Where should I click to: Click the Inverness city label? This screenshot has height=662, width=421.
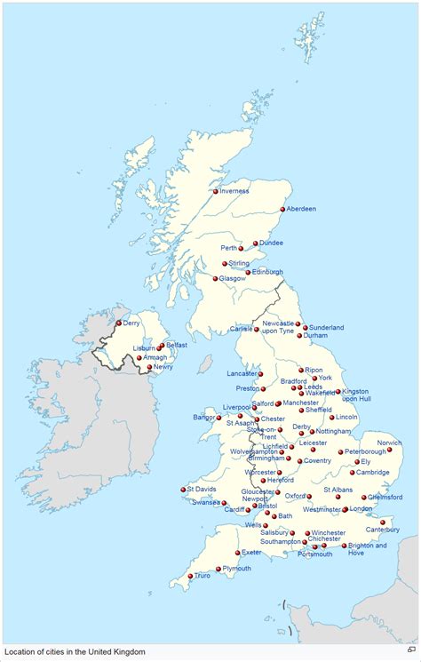(x=235, y=191)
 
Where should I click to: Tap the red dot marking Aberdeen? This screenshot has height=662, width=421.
(x=282, y=210)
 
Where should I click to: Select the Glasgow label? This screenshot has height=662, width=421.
(x=232, y=278)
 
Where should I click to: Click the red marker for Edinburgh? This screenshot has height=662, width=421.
(x=248, y=273)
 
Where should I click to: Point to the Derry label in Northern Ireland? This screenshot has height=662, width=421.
(x=131, y=323)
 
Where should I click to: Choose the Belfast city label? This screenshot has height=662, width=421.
(x=176, y=345)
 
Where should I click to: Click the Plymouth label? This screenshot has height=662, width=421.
(x=236, y=568)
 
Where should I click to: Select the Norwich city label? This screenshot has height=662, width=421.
(x=389, y=443)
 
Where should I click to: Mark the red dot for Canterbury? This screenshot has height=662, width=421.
(x=383, y=522)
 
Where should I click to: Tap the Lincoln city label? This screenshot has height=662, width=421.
(x=346, y=417)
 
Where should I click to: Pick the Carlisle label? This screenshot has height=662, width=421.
(x=242, y=329)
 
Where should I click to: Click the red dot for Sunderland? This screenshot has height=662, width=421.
(x=305, y=327)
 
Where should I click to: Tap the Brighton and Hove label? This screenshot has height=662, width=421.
(x=368, y=549)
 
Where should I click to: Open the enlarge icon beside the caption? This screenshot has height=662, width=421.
(x=410, y=651)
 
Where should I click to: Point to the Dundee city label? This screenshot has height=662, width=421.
(x=272, y=243)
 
